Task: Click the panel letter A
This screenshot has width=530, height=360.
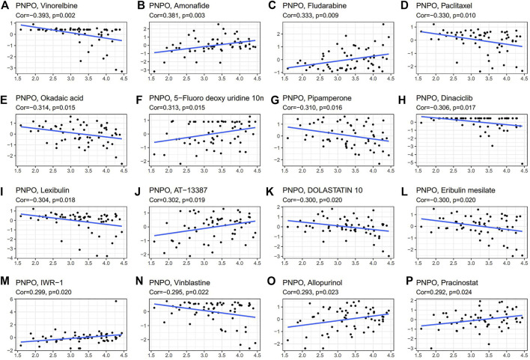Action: (5, 7)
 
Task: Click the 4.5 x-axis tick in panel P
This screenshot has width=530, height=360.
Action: (522, 355)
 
